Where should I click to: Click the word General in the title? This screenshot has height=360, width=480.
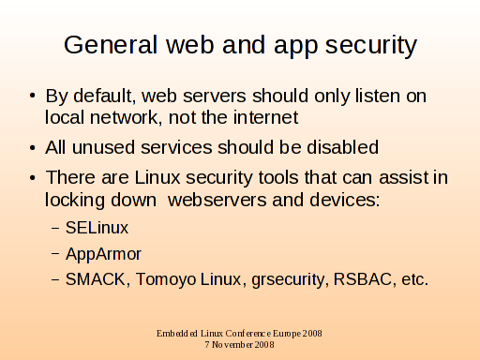click(x=111, y=45)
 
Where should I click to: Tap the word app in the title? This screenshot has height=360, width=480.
click(x=296, y=48)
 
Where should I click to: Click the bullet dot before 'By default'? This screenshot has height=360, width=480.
click(x=33, y=96)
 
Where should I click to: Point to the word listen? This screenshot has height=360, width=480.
click(x=378, y=96)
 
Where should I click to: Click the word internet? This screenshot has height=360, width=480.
click(x=266, y=117)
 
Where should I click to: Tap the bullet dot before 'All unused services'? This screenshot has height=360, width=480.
click(x=33, y=147)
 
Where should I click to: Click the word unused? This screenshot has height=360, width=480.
click(x=103, y=147)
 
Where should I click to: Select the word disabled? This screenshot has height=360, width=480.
click(x=343, y=147)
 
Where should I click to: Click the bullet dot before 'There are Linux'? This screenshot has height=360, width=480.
click(x=33, y=178)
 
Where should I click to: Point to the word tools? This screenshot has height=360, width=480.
click(x=278, y=177)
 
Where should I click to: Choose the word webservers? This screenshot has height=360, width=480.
click(x=217, y=200)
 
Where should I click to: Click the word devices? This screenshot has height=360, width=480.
click(x=345, y=200)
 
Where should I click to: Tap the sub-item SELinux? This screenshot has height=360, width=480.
click(x=97, y=228)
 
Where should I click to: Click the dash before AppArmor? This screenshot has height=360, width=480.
click(x=55, y=254)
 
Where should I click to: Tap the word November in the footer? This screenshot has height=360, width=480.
click(x=232, y=345)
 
